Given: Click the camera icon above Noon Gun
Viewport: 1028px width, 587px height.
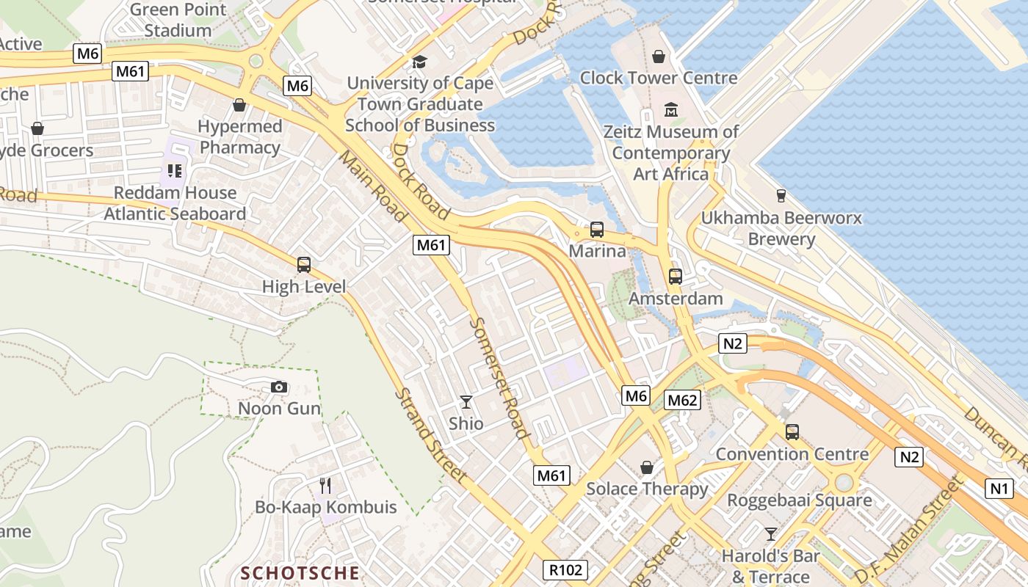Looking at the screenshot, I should pyautogui.click(x=279, y=387).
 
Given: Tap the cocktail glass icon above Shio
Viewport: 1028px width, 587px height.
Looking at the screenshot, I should pyautogui.click(x=466, y=401).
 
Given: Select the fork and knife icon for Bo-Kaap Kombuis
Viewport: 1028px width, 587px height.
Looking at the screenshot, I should pyautogui.click(x=325, y=485).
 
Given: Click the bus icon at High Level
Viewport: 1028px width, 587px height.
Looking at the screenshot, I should pyautogui.click(x=303, y=264).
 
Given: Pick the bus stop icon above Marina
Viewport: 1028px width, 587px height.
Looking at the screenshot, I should pyautogui.click(x=597, y=230).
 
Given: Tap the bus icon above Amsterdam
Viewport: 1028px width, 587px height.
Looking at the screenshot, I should pyautogui.click(x=675, y=277).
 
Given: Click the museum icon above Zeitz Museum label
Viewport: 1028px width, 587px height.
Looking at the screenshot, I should pyautogui.click(x=670, y=110).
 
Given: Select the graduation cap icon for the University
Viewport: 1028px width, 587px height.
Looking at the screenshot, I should pyautogui.click(x=419, y=62).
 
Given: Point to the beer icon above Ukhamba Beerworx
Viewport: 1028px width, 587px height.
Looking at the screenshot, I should pyautogui.click(x=781, y=196).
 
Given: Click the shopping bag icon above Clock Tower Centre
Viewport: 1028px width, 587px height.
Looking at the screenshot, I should pyautogui.click(x=659, y=56).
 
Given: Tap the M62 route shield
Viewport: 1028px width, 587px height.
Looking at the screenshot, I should pyautogui.click(x=682, y=400).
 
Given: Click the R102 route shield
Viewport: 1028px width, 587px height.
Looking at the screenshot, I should pyautogui.click(x=565, y=569).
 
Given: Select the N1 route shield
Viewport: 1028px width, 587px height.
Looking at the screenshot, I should pyautogui.click(x=999, y=489).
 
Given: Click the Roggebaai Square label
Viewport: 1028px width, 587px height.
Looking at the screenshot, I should pyautogui.click(x=800, y=500).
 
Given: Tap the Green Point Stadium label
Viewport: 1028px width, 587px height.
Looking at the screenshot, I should pyautogui.click(x=178, y=21).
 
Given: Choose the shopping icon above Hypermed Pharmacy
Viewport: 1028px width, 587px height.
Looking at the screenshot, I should pyautogui.click(x=239, y=105).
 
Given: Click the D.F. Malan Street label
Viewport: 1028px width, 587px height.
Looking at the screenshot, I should pyautogui.click(x=908, y=531).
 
